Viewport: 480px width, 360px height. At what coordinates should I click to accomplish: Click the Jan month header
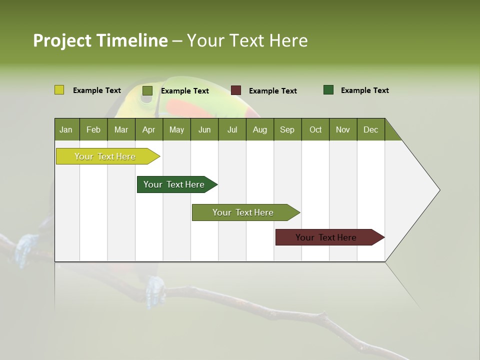[66, 129]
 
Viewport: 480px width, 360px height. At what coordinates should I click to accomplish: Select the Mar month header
[121, 129]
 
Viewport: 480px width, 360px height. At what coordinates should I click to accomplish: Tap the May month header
[176, 129]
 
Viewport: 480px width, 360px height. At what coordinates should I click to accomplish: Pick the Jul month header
[232, 129]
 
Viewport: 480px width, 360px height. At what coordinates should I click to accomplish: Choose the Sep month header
[287, 129]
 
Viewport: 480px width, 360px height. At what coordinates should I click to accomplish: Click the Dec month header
[370, 129]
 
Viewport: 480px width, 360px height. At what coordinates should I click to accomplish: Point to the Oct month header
[315, 129]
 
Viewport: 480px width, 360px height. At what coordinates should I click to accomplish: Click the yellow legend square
[59, 90]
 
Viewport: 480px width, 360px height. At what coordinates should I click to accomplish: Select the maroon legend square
[236, 90]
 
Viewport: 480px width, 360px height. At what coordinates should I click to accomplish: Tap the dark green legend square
[328, 90]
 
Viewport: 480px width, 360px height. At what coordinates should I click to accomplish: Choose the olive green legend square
[147, 90]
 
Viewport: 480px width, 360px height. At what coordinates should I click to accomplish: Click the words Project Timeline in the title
[100, 40]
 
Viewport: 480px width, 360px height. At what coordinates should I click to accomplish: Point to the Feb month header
[93, 129]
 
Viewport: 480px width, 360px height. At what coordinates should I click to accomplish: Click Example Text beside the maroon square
[272, 91]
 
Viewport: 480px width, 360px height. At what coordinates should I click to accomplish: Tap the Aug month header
[259, 129]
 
